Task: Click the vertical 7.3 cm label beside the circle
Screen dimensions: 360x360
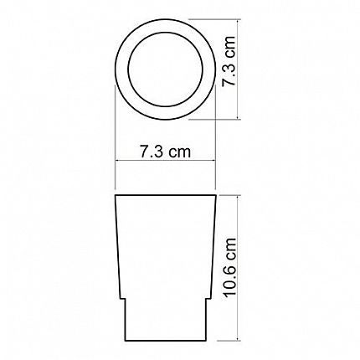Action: pyautogui.click(x=229, y=61)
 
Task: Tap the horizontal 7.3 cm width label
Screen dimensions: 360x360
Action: pyautogui.click(x=166, y=152)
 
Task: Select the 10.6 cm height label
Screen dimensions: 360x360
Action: pyautogui.click(x=230, y=268)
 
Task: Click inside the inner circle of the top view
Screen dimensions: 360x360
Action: pyautogui.click(x=166, y=69)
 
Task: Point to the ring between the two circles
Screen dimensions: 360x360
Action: pyautogui.click(x=122, y=69)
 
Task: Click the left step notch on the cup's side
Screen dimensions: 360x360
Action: pyautogui.click(x=123, y=299)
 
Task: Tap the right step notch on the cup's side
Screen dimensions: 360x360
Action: pyautogui.click(x=208, y=299)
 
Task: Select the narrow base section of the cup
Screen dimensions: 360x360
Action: pyautogui.click(x=166, y=320)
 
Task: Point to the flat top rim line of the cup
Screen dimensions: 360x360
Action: pyautogui.click(x=166, y=195)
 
